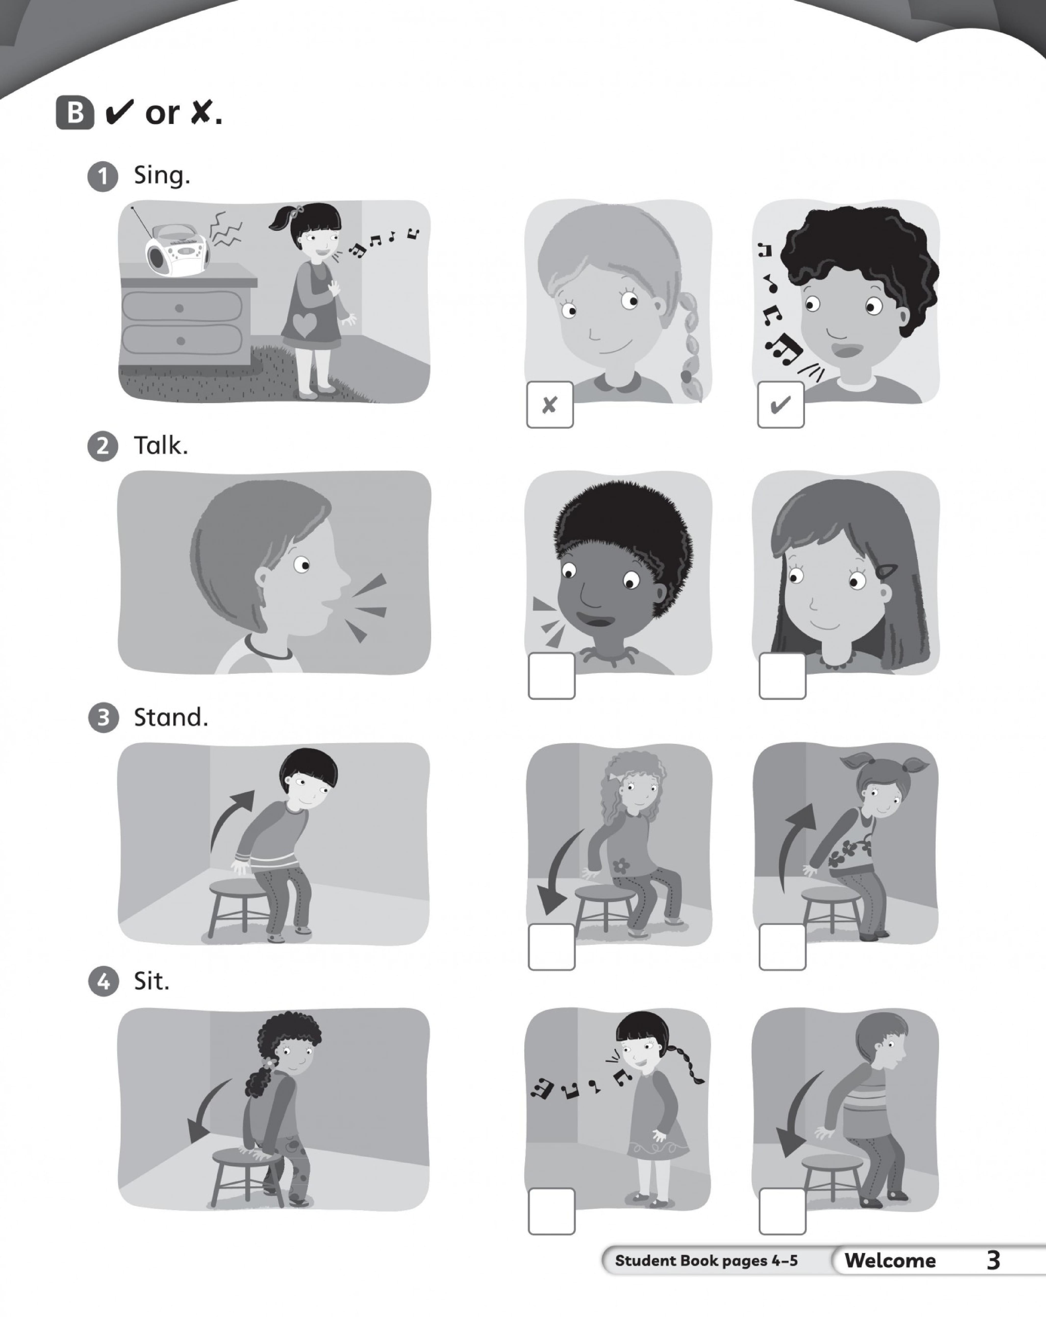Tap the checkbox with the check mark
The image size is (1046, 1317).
pyautogui.click(x=780, y=404)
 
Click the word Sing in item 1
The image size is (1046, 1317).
pyautogui.click(x=162, y=176)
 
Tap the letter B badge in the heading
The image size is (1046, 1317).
pyautogui.click(x=75, y=113)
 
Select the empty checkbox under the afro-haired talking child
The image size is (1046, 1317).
pyautogui.click(x=551, y=676)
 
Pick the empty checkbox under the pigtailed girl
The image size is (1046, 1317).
pyautogui.click(x=782, y=946)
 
